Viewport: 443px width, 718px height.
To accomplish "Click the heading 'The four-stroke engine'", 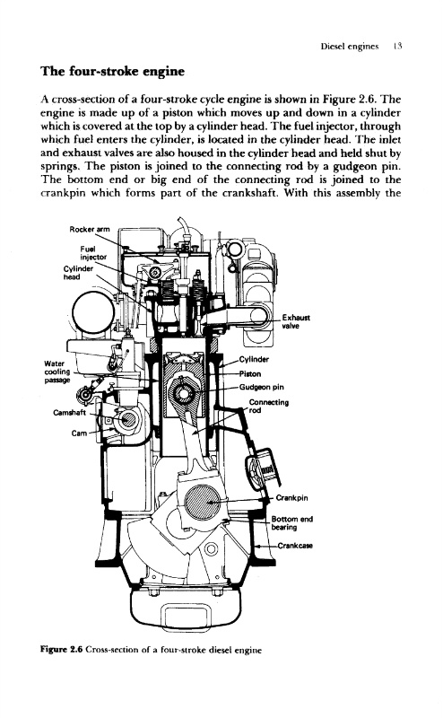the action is click(113, 72).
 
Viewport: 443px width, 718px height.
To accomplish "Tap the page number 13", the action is click(397, 46).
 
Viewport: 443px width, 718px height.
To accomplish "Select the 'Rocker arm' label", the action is click(90, 229).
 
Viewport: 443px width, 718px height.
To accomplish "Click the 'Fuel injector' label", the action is click(93, 252).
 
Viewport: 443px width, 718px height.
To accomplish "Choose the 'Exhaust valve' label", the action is click(296, 321).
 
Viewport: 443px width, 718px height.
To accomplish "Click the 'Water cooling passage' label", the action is click(57, 372).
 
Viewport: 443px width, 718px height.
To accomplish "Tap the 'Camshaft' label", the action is click(70, 413).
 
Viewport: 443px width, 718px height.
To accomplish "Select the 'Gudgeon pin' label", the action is click(261, 387).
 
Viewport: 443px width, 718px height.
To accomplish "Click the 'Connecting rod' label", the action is click(269, 407).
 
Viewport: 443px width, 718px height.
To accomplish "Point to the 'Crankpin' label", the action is click(292, 498).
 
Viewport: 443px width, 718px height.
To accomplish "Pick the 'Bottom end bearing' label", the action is click(292, 523).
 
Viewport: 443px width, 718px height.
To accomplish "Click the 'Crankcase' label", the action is click(295, 546).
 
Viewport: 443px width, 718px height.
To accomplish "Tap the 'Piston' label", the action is click(250, 373).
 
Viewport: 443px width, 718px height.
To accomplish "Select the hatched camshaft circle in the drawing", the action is click(128, 419).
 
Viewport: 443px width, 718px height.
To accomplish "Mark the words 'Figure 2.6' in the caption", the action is click(61, 649).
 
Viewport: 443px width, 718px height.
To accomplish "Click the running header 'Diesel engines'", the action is click(350, 47).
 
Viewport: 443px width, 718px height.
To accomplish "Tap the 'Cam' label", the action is click(79, 433).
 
